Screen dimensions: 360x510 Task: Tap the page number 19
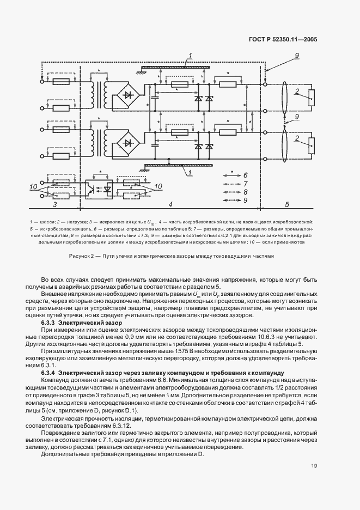[x=315, y=465]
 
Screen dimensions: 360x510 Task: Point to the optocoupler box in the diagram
[x=100, y=189]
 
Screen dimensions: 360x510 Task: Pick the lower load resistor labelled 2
[x=311, y=145]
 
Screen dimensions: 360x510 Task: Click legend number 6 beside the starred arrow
[x=246, y=175]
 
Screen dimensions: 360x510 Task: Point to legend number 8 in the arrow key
[x=246, y=192]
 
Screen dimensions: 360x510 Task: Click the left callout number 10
[x=33, y=187]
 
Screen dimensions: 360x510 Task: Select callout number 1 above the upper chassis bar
[x=191, y=56]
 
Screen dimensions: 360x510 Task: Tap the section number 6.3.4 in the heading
[x=48, y=372]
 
